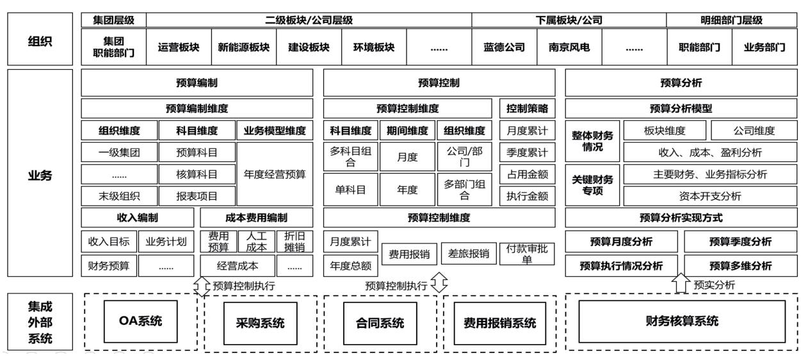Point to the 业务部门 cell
[766, 47]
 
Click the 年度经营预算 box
[275, 174]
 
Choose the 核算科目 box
[197, 174]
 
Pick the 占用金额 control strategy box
[527, 174]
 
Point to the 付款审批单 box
[527, 253]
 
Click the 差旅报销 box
[470, 253]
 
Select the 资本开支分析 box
[711, 196]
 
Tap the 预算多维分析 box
[741, 265]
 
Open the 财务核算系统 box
[683, 321]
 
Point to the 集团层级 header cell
[114, 20]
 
